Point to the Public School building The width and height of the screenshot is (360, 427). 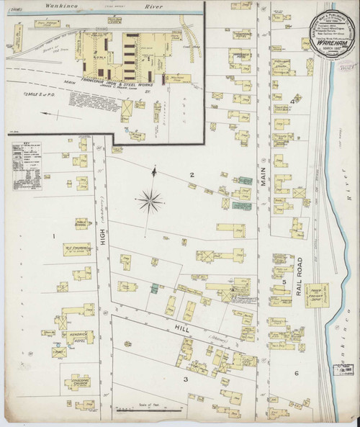point(80,225)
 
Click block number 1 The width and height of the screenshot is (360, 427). point(53,235)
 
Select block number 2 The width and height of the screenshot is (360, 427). point(192,175)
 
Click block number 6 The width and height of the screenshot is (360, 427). point(295,372)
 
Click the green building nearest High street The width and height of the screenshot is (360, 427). point(154,288)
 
